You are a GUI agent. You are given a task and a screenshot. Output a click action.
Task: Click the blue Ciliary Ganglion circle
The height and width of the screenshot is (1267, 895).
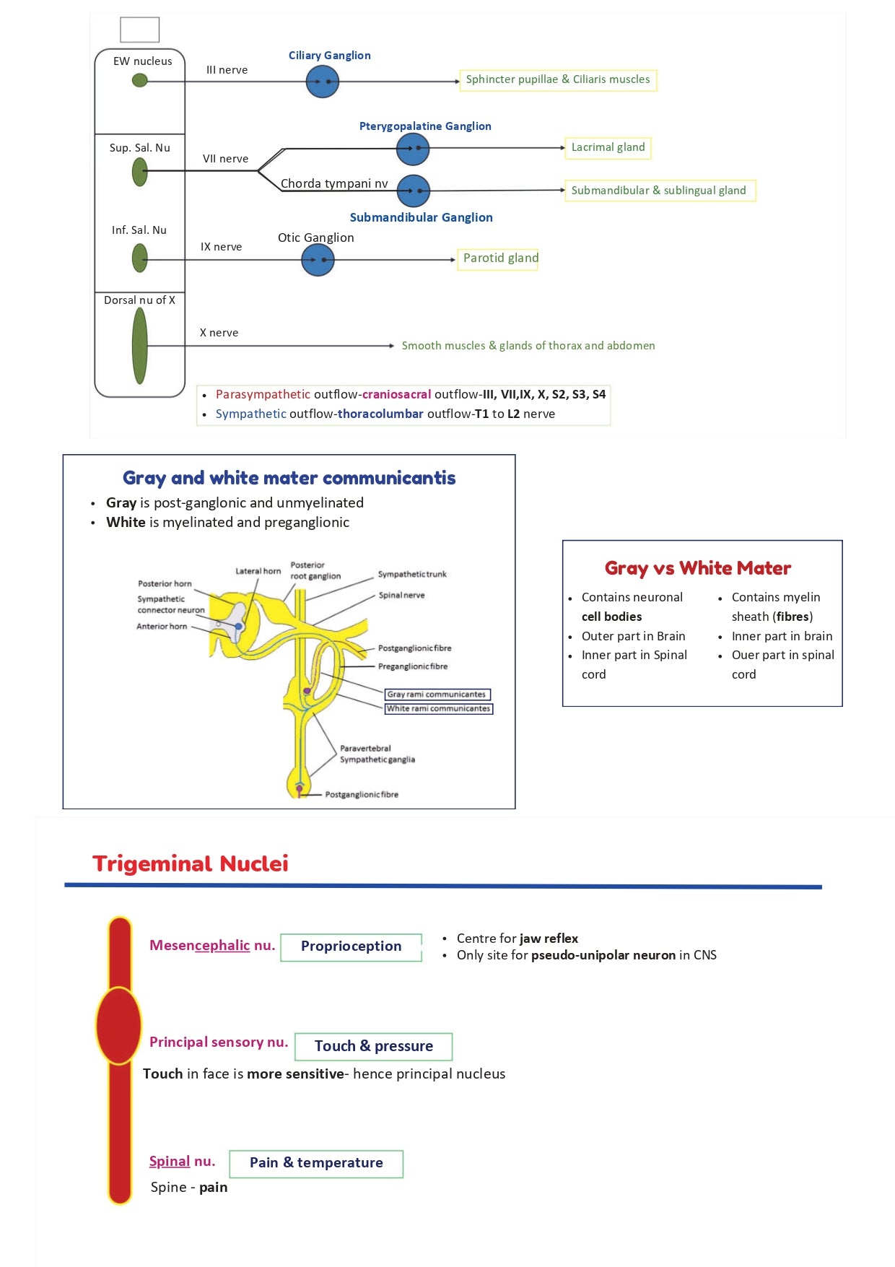(x=322, y=82)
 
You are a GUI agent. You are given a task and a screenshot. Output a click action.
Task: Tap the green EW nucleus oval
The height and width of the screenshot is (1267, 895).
(x=140, y=80)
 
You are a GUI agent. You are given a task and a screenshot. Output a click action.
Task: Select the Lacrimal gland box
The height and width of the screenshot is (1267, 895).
(x=608, y=148)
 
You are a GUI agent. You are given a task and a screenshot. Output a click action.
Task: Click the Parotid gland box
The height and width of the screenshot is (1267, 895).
(x=498, y=258)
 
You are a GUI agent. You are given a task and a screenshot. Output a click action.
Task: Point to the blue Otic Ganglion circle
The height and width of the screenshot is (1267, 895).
(x=318, y=260)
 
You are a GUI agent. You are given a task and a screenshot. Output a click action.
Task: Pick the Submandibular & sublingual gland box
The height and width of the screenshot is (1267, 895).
(x=659, y=191)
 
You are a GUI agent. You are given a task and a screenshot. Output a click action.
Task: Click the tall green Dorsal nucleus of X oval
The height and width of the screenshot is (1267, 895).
(x=140, y=346)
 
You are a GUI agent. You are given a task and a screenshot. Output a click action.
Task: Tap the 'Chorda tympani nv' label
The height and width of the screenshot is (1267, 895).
(x=334, y=183)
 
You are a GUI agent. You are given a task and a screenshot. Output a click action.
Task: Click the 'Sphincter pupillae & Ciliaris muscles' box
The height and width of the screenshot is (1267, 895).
(x=558, y=79)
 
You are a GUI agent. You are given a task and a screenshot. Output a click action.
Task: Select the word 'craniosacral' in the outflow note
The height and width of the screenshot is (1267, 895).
(x=396, y=394)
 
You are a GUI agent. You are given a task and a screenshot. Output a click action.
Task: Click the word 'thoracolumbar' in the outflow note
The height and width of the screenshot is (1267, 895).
(x=380, y=414)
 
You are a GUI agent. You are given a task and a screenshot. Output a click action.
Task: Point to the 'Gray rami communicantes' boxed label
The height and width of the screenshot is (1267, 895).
(x=437, y=695)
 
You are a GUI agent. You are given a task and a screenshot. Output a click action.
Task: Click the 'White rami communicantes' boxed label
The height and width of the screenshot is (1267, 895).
(x=438, y=709)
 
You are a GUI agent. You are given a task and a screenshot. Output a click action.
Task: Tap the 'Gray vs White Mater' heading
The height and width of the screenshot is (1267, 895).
(x=698, y=568)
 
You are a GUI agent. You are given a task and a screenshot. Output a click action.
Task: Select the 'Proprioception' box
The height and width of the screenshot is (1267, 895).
(x=351, y=946)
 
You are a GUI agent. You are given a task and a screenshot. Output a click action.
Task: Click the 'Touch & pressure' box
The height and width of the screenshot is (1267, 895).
(x=373, y=1046)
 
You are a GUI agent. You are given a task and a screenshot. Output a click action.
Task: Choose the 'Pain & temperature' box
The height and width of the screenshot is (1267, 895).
(x=316, y=1163)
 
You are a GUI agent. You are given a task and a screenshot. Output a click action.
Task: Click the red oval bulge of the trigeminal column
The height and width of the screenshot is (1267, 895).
(x=118, y=1025)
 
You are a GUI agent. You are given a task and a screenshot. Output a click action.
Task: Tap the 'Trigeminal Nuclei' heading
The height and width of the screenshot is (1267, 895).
(x=191, y=863)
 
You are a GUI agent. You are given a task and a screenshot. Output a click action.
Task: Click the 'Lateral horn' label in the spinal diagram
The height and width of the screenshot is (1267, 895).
(x=258, y=571)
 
